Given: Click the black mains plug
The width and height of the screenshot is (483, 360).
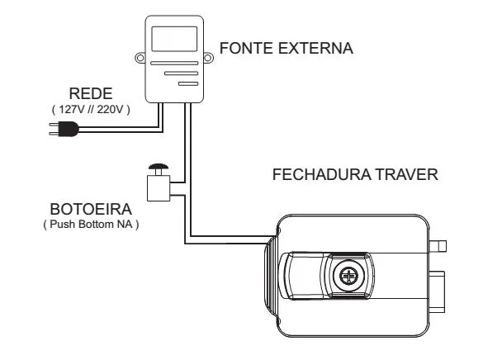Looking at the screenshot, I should [67, 128].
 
